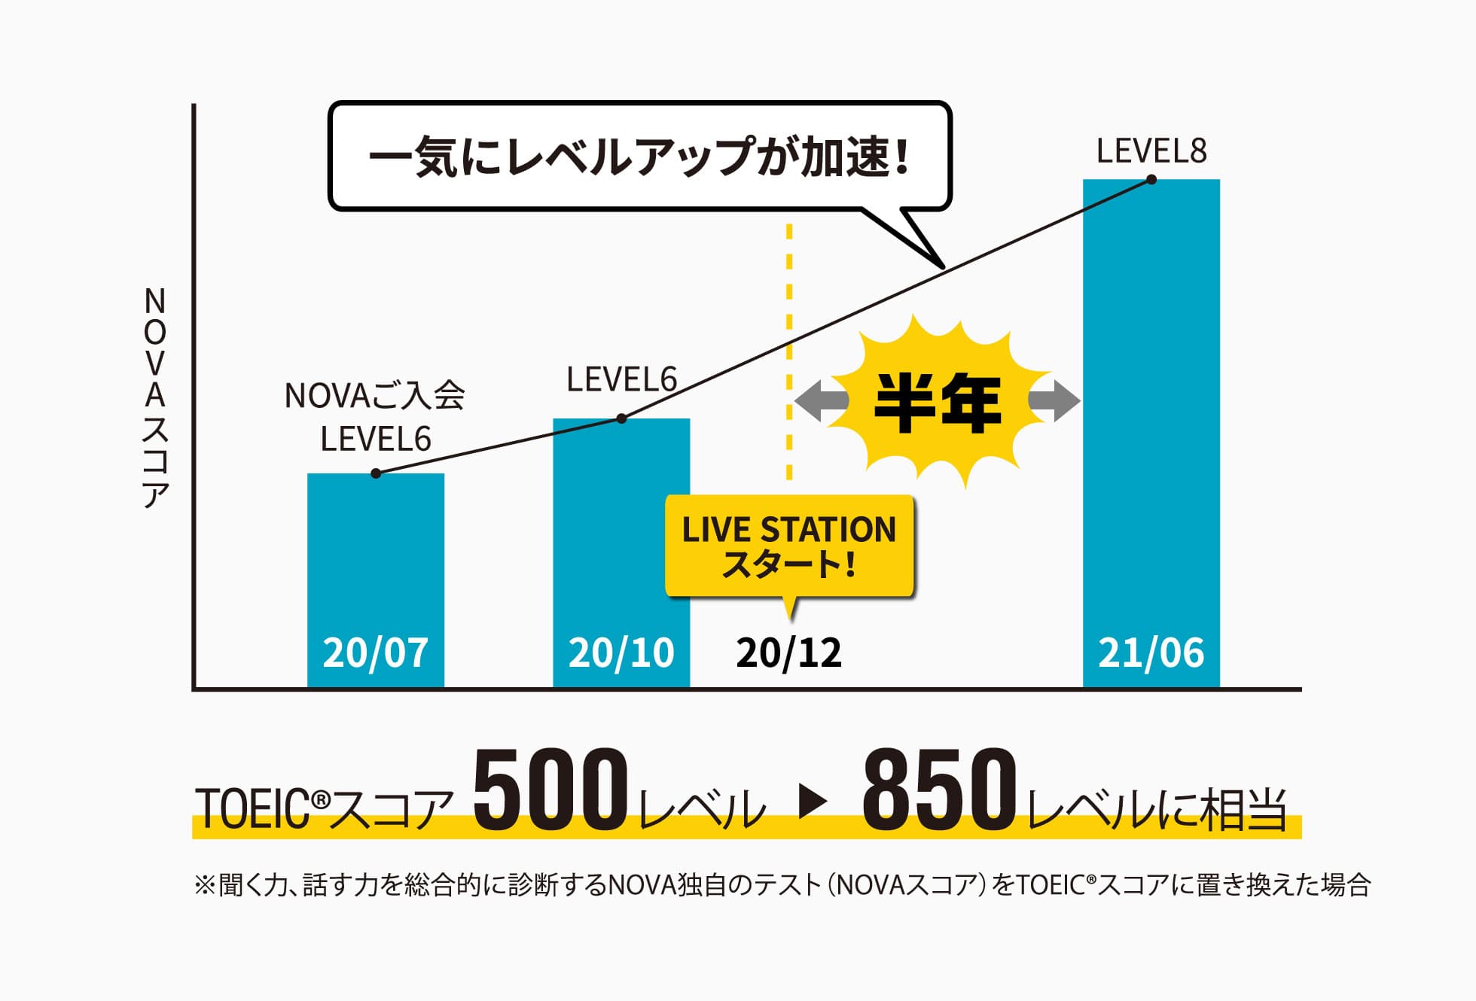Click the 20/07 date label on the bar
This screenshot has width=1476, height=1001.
(375, 653)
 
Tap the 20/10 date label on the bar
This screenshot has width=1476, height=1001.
(621, 653)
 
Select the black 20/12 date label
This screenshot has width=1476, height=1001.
(788, 653)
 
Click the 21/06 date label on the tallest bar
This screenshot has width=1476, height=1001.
(1151, 653)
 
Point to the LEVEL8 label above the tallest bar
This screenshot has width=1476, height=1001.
(1151, 151)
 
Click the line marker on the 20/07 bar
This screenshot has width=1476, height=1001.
(376, 473)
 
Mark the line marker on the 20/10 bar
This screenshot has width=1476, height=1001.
(621, 418)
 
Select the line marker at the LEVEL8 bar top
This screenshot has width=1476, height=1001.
(1151, 179)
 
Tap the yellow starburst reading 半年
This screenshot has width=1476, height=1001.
(937, 403)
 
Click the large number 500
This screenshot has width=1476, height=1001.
(550, 790)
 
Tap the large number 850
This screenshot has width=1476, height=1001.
(939, 790)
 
